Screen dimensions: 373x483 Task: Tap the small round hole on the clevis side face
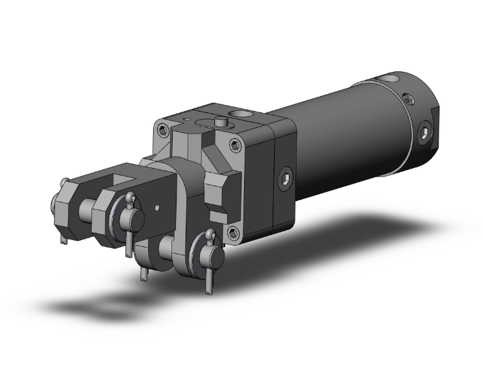[158, 208]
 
